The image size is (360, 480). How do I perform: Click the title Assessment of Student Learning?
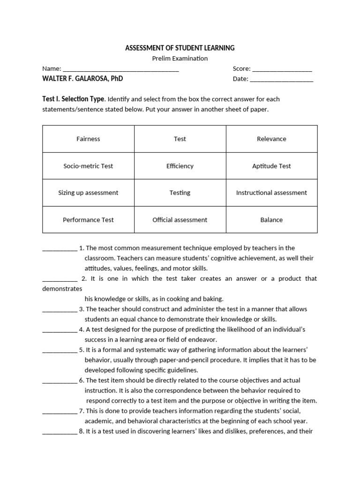click(180, 48)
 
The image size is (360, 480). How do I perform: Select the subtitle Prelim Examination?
click(180, 59)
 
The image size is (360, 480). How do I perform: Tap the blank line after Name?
click(120, 69)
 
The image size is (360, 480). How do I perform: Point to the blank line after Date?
click(281, 79)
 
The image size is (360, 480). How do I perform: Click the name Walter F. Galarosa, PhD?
click(82, 79)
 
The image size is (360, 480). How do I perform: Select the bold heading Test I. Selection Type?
click(73, 99)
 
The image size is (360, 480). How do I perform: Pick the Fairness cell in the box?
click(88, 139)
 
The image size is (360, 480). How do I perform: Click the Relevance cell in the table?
click(271, 139)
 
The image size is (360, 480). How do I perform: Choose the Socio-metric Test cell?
click(88, 166)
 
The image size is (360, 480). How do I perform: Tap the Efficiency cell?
click(180, 166)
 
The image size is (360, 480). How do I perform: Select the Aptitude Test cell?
click(271, 166)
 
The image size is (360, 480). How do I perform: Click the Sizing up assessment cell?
click(88, 193)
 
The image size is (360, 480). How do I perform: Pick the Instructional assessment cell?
click(271, 193)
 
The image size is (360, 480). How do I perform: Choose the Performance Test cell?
click(88, 220)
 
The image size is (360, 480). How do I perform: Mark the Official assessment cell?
click(180, 220)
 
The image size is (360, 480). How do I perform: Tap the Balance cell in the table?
click(271, 220)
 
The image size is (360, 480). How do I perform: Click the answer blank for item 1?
click(60, 249)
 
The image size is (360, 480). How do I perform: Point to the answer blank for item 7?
click(60, 412)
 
